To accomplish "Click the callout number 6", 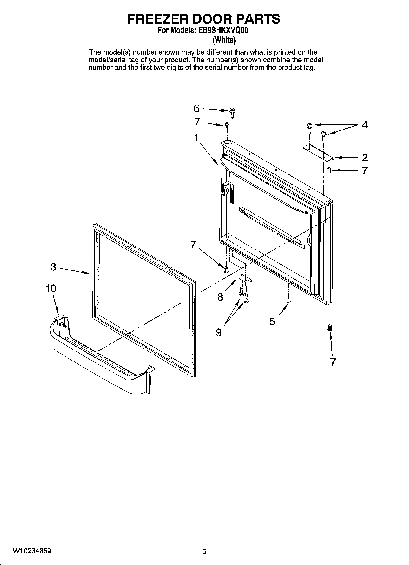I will point(196,108).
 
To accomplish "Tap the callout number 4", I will point(365,125).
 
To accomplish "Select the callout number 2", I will point(365,158).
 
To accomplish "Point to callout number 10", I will point(51,288).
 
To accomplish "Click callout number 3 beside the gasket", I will point(53,267).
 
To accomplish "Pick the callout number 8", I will point(220,297).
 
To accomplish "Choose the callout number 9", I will point(219,332).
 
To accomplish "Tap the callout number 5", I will point(272,321).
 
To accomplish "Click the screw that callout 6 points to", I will point(232,113).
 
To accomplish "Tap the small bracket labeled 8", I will point(245,278).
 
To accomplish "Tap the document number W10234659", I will point(32,551).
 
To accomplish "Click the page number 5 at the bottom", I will point(204,552).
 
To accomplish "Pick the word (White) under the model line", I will point(224,40).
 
